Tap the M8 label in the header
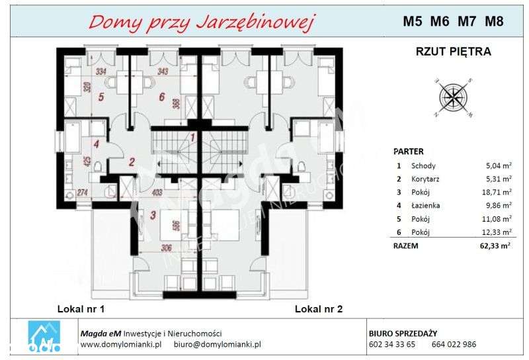[494, 21]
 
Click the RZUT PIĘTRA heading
[453, 51]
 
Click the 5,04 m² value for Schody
[498, 166]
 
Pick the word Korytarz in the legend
[425, 179]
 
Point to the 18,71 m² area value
[497, 193]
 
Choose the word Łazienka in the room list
[425, 206]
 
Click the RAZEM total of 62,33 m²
[497, 246]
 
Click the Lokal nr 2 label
[319, 309]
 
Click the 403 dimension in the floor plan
[157, 193]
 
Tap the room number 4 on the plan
[96, 144]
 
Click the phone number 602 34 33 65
[391, 345]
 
